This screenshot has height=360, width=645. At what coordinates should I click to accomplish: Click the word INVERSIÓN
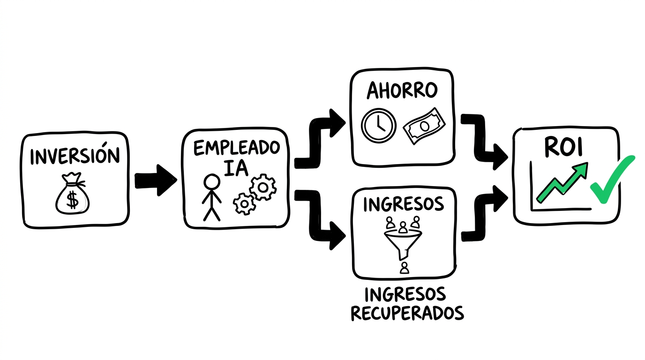click(x=75, y=156)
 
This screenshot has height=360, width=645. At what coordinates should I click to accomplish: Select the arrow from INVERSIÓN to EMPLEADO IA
click(x=155, y=180)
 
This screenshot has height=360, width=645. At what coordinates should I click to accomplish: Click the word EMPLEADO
click(x=236, y=148)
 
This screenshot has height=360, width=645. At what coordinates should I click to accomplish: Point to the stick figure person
click(x=211, y=197)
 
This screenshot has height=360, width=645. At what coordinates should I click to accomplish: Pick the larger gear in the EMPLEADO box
click(x=263, y=187)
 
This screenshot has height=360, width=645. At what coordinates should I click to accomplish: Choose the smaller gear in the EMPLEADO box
click(x=244, y=204)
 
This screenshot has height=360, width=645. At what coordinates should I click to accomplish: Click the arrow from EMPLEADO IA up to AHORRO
click(x=319, y=141)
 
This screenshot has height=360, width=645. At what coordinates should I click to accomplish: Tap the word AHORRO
click(x=402, y=90)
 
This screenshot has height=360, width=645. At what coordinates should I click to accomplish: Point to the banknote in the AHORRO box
click(x=424, y=126)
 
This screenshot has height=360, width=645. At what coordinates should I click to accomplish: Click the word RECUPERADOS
click(x=407, y=313)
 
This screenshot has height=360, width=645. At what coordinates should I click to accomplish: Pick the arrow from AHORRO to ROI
click(x=483, y=141)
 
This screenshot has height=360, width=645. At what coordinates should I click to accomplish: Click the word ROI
click(x=563, y=147)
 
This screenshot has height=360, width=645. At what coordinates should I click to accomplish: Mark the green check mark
click(x=611, y=180)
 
